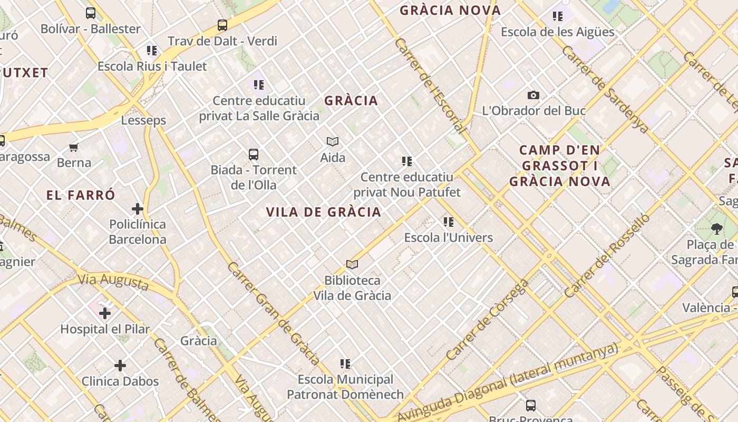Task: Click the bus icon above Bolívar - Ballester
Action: tap(91, 13)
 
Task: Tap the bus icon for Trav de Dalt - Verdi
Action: tap(222, 25)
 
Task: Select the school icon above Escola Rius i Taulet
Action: tap(152, 51)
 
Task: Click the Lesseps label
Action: tap(143, 120)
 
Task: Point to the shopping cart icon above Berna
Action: tap(74, 147)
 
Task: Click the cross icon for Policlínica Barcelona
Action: tap(138, 209)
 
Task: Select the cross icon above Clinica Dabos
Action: tap(120, 366)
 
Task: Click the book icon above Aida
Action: tap(333, 141)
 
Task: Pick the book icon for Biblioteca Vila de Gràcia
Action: tap(352, 264)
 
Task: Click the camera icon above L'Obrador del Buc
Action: tap(533, 95)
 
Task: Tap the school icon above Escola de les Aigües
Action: tap(558, 16)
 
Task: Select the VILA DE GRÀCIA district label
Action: tap(323, 212)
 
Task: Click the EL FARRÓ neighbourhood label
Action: tap(81, 195)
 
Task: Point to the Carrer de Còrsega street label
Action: tap(487, 320)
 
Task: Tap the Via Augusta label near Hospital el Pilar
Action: tap(113, 281)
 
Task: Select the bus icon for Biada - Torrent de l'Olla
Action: tap(254, 155)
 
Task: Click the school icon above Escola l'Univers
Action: tap(449, 222)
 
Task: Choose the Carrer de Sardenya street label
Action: tap(605, 90)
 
